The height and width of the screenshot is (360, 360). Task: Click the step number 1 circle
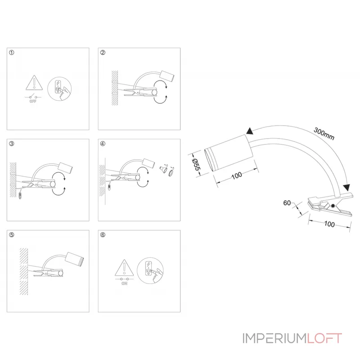[x=12, y=53]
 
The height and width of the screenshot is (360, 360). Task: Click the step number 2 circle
[x=103, y=53]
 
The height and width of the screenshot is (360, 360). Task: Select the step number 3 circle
[x=12, y=144]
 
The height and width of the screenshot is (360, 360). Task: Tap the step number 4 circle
[x=103, y=144]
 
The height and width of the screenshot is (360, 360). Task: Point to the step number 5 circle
[x=12, y=235]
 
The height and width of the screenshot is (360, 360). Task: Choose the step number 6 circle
[x=103, y=235]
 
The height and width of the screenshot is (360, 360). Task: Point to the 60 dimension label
[x=286, y=203]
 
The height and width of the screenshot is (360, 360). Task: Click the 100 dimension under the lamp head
[x=237, y=176]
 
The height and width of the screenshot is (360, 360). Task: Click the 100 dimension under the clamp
[x=329, y=224]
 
